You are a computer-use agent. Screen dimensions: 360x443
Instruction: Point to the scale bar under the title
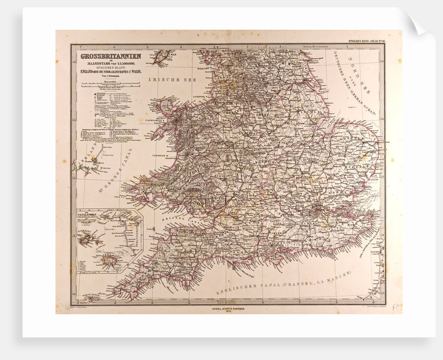(107, 85)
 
